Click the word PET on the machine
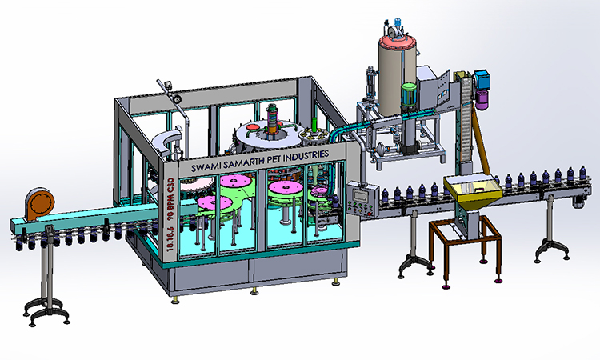[275, 159]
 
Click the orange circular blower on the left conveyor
[40, 204]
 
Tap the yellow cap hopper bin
[474, 190]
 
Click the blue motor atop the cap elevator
[482, 80]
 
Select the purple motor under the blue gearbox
[482, 99]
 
